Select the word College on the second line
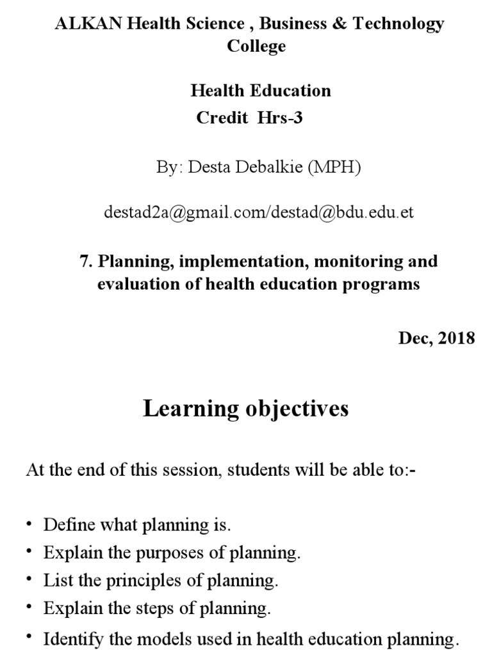tap(256, 47)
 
